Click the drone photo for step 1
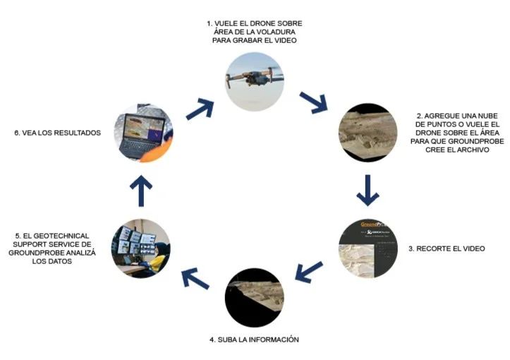255,80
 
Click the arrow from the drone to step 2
313,103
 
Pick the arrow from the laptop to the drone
200,107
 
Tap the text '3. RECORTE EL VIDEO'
447,248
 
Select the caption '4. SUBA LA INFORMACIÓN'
254,340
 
